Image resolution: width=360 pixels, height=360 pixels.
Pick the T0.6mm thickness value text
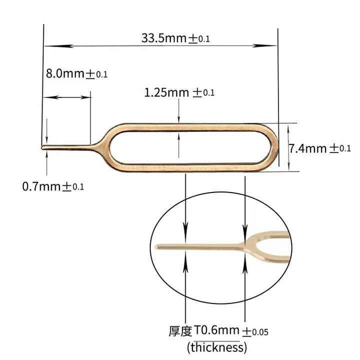click(214, 331)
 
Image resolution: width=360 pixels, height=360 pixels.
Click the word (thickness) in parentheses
click(217, 347)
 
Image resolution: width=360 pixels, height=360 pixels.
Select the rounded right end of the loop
click(275, 147)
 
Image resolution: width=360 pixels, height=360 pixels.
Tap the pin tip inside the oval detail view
click(157, 246)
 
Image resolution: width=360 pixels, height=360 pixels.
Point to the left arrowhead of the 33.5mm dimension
click(48, 46)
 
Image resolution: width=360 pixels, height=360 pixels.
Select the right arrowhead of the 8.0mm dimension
click(87, 97)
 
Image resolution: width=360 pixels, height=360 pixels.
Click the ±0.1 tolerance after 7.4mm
click(340, 148)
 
